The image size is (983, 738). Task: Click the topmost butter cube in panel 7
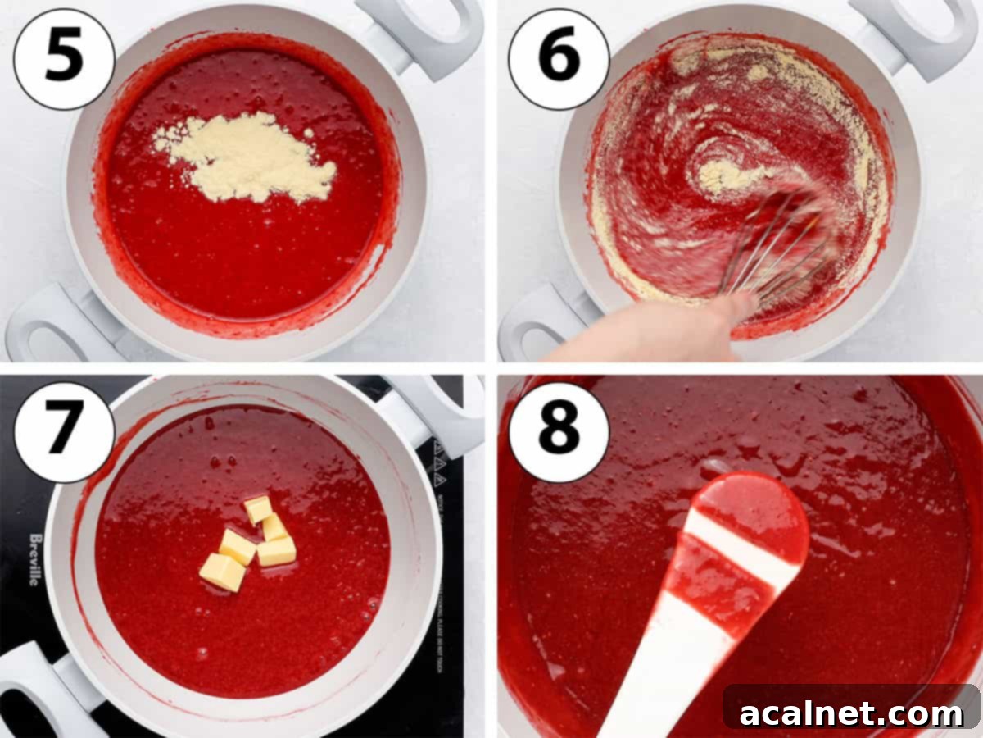[x=258, y=508]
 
